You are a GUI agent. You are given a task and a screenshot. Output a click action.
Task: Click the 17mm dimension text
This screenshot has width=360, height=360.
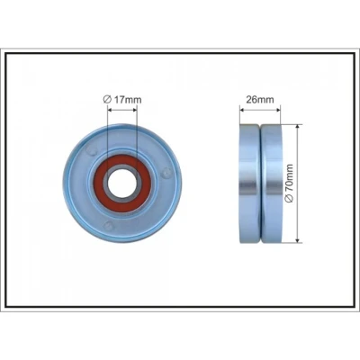(x=128, y=99)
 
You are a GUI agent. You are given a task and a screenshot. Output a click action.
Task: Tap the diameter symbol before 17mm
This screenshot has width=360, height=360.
(x=107, y=99)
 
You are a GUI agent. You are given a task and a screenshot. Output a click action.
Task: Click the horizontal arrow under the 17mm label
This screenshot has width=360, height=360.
(x=122, y=110)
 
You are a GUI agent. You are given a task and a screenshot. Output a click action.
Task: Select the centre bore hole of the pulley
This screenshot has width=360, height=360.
(x=122, y=183)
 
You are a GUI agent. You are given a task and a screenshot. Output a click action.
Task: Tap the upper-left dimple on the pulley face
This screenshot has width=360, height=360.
(x=92, y=150)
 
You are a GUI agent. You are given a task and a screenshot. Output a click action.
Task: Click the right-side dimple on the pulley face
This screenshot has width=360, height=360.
(x=166, y=173)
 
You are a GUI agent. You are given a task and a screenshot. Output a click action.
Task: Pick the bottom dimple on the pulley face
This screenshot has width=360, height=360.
(x=108, y=226)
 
